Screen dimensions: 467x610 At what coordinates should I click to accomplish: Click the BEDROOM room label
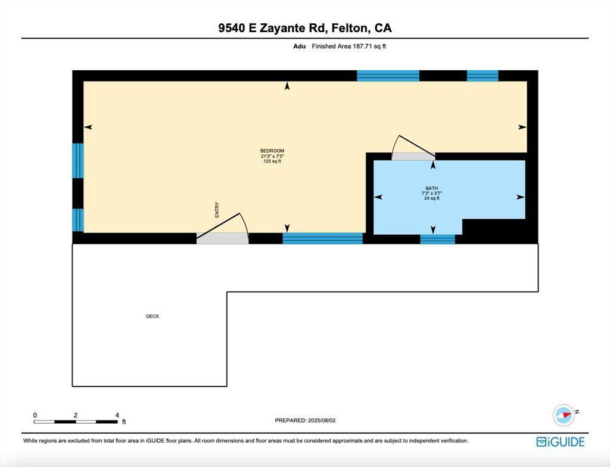tap(272, 150)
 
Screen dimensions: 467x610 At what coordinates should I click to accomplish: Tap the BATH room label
tap(431, 188)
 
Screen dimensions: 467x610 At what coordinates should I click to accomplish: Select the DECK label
tap(152, 316)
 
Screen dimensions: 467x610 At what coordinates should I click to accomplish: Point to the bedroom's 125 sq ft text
tap(272, 161)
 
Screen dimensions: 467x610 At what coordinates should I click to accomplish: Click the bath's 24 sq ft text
tap(431, 198)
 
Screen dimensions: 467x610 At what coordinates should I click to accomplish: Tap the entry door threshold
tap(222, 238)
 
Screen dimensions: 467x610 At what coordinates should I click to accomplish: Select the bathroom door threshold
tap(413, 156)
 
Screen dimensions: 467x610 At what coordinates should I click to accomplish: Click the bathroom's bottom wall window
tap(437, 239)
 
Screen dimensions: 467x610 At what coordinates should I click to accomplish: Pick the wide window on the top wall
tap(388, 76)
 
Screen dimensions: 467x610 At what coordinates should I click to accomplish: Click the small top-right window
tap(482, 76)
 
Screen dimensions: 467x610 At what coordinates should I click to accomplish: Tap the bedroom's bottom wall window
tap(322, 238)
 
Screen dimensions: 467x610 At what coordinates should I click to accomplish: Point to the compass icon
tap(563, 415)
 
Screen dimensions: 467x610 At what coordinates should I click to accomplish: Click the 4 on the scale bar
tap(117, 415)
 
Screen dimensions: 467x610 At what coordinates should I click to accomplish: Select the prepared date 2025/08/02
tap(306, 421)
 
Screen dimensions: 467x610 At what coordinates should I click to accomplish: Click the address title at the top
tap(305, 28)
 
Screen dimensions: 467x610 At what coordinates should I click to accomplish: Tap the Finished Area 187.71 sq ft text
tap(349, 46)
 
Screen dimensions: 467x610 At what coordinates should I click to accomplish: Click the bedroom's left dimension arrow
tap(88, 127)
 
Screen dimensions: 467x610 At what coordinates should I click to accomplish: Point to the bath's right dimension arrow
tap(520, 197)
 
